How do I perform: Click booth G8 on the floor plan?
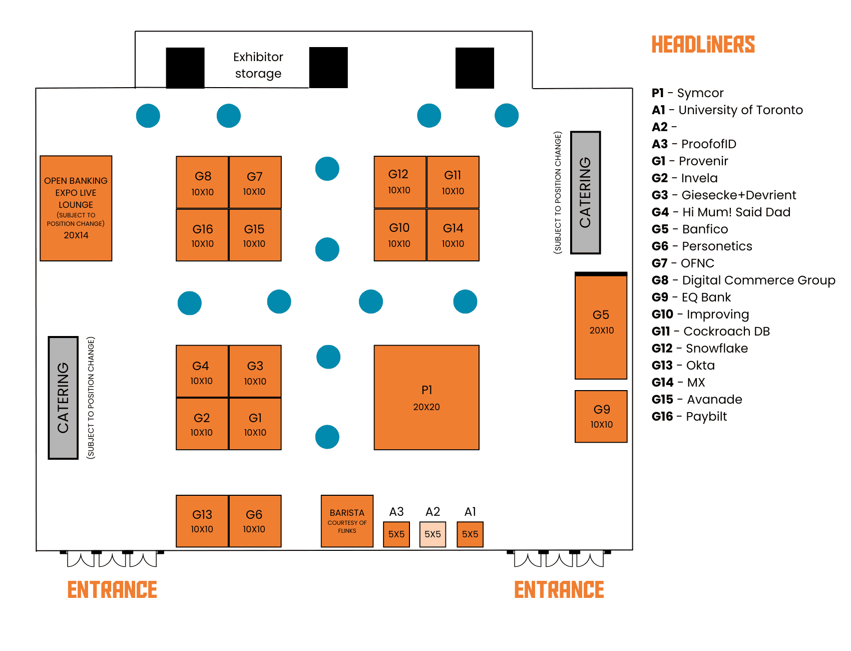pos(202,182)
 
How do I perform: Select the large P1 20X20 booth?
pos(427,398)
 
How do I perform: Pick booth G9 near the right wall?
pos(601,417)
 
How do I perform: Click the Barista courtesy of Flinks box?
pos(347,521)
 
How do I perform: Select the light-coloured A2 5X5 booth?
pos(433,534)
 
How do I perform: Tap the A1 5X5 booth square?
pos(470,534)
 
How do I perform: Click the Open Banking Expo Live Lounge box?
pos(76,208)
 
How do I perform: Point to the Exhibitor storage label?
pos(258,65)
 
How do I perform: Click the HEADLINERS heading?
pos(703,45)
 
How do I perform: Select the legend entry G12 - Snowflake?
pos(700,349)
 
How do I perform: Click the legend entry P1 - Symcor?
pos(687,93)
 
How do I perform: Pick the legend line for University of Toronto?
pos(727,110)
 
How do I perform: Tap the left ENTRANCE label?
pos(112,589)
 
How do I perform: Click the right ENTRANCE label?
pos(559,589)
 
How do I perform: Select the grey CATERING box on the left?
pos(63,398)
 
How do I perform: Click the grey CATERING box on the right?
pos(585,193)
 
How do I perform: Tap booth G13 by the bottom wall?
pos(202,521)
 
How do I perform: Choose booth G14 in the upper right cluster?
pos(453,235)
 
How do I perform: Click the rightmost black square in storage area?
pos(475,68)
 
